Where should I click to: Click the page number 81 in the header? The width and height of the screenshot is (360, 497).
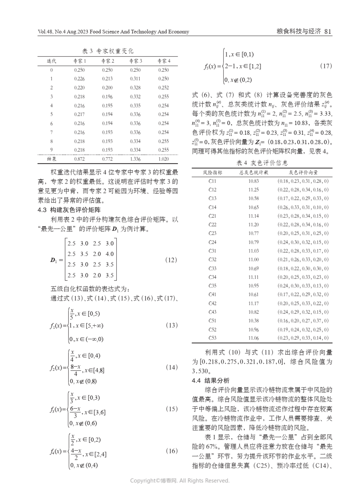coord(328,32)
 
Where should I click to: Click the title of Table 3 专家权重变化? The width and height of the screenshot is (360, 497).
coord(108,51)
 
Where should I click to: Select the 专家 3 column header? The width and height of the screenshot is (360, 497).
coord(135,61)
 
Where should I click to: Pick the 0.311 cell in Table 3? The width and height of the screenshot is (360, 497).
coord(135,79)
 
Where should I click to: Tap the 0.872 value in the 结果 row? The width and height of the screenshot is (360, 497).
coord(79,159)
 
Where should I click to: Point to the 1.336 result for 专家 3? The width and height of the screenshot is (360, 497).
coord(135,159)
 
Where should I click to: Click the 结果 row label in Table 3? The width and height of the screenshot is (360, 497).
coord(52,159)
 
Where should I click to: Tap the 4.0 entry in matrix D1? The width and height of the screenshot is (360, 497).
coord(109,254)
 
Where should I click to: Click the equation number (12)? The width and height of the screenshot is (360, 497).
coord(171,260)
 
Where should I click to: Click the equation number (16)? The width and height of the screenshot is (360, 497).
coord(172,451)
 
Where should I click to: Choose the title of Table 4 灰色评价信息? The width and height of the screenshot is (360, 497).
coord(262,163)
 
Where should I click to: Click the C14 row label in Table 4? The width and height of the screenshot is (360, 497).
coord(212,207)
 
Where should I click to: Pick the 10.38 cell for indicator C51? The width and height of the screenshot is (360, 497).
coord(253,321)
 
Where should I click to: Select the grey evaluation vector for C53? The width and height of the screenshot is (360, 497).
coord(303,338)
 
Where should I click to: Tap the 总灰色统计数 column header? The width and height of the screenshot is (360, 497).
coord(254,173)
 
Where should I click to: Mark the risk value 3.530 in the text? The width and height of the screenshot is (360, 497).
coord(200,371)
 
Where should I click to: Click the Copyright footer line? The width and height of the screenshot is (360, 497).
coord(180,480)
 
